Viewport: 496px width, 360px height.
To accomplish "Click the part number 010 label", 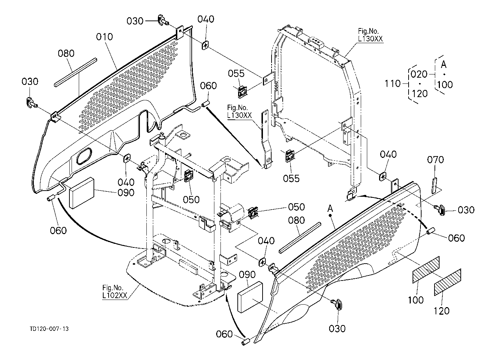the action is [104, 37].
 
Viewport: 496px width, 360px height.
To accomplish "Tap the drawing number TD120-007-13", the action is [49, 329].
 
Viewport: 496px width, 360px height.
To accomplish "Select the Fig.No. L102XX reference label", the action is [115, 292].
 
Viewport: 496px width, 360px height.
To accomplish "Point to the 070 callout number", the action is [435, 160].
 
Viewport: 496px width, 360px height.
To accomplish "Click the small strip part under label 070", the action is [434, 186].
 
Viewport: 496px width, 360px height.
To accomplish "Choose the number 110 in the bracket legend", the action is [393, 84].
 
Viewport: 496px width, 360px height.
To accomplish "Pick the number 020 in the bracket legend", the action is [419, 74].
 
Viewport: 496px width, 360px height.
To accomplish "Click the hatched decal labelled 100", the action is [426, 270].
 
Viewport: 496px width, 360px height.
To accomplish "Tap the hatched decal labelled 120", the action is [447, 282].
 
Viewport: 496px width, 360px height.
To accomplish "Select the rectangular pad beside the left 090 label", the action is [82, 193].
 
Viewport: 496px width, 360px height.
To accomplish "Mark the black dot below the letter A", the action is [331, 215].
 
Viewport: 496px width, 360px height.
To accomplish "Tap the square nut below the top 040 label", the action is [206, 45].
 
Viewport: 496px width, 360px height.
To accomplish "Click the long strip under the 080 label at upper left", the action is [75, 72].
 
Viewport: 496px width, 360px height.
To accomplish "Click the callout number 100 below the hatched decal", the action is [416, 300].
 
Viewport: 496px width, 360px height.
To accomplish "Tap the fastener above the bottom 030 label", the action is [337, 304].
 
